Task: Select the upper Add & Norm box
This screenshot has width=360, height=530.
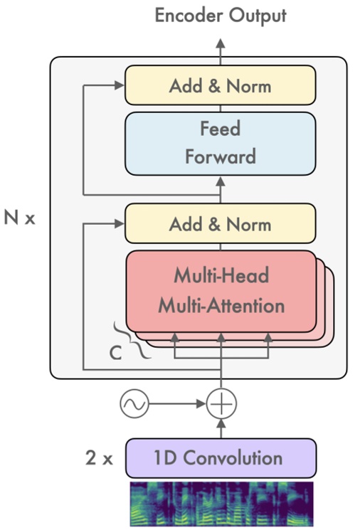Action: click(220, 86)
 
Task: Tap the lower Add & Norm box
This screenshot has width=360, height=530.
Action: click(220, 224)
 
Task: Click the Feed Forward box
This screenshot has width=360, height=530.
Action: click(220, 143)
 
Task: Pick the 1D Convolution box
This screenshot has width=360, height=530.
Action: click(220, 457)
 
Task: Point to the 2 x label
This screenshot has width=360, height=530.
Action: click(98, 458)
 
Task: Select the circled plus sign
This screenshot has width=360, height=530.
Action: click(221, 405)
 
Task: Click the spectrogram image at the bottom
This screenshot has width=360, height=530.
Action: click(220, 503)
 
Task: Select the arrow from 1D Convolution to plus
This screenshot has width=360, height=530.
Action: click(221, 428)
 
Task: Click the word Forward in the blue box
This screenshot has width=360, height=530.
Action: click(220, 156)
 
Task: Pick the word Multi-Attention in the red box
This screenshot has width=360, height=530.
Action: click(221, 306)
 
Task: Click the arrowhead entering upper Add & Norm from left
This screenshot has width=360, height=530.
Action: click(120, 86)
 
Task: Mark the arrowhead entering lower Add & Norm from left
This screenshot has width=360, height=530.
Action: click(120, 224)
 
